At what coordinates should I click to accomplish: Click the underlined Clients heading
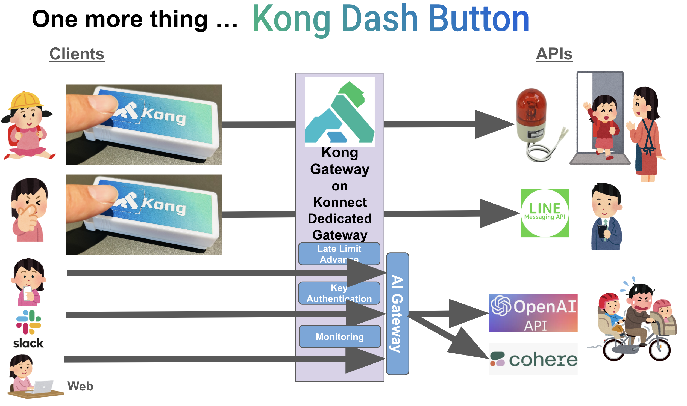tap(77, 54)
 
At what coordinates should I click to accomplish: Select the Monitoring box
tap(340, 336)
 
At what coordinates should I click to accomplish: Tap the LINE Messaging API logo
tap(544, 213)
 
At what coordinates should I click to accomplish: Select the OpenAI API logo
tap(533, 313)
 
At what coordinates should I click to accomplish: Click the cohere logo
tap(533, 359)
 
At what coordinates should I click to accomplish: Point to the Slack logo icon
tap(28, 322)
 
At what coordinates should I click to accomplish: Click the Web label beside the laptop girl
tap(80, 386)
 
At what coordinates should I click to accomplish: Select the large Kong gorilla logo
tap(340, 112)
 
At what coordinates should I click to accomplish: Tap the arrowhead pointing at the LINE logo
tap(498, 213)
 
